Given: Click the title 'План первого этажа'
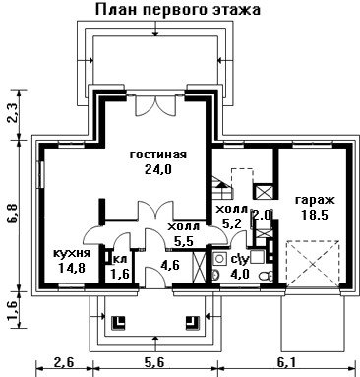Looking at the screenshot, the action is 178,9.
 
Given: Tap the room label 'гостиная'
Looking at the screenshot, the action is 158,154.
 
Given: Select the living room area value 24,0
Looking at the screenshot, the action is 158,169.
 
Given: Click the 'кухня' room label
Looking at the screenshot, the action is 72,253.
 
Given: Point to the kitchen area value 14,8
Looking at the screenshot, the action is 72,268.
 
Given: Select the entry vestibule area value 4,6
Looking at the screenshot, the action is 171,265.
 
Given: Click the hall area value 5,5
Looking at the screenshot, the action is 184,242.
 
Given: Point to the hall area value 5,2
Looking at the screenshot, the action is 232,223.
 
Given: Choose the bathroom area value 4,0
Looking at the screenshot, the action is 240,273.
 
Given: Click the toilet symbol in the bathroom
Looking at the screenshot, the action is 265,276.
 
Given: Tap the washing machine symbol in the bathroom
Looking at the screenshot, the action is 219,259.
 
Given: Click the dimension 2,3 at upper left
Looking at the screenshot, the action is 14,114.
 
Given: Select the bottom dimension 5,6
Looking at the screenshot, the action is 154,363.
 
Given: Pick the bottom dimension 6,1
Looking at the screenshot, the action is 287,363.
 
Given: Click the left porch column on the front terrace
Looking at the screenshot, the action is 119,322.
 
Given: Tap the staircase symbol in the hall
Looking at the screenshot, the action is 222,187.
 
